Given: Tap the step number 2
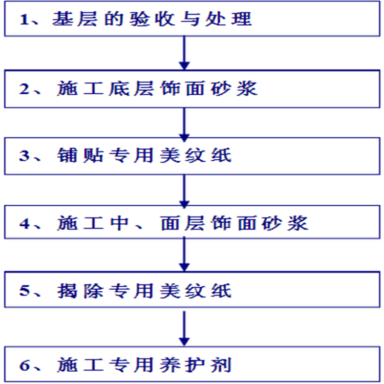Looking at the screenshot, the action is coord(25,89).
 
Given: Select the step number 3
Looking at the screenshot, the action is coord(24,156).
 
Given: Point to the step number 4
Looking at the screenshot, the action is coord(25,223).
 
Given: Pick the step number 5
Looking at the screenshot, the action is coord(25,291).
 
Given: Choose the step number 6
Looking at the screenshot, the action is coord(25,365).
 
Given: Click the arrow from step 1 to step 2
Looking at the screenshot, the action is coord(184,53).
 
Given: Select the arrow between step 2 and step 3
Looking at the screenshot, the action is coord(184,124).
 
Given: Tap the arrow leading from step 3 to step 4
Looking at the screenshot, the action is coord(184,191).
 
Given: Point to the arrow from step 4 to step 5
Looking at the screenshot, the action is coord(184,254).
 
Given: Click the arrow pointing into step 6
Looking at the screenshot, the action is coord(184,328).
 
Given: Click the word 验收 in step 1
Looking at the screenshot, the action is coord(152,19).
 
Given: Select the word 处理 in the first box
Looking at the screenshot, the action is coord(228,19).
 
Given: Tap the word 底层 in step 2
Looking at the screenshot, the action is coord(131,89).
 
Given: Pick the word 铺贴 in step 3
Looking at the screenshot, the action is coord(80,155).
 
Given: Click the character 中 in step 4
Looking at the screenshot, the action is coord(119,223).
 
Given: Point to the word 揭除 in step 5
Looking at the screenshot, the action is coord(80,291).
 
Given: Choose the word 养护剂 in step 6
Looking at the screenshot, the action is coord(195,365).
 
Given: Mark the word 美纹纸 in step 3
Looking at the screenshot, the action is coord(196,155).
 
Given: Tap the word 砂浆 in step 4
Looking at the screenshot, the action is coord(285,223).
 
